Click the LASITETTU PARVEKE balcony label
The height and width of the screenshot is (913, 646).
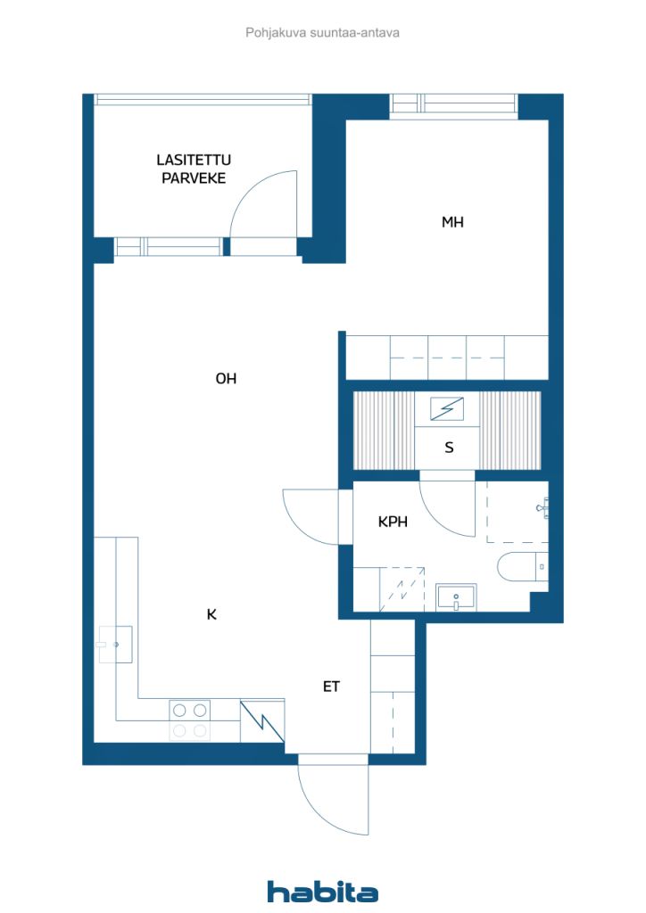coord(194,169)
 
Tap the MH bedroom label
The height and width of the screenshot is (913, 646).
coord(452,222)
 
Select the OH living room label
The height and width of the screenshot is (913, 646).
coord(226,378)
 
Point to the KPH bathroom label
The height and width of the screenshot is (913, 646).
coord(393,522)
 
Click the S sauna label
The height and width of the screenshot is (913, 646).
coord(449,448)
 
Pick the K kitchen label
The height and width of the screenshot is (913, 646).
coord(211,614)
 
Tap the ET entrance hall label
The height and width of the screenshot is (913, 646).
coord(331,687)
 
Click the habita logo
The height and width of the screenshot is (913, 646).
coord(323,891)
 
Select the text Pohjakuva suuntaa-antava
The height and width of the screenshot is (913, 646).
coord(322,32)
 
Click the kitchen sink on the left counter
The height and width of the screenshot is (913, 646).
coord(115,644)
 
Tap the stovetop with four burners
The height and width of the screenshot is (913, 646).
coord(190,720)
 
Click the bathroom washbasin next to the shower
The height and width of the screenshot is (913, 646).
coord(456,597)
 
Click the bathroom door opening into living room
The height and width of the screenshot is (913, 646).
coord(308,515)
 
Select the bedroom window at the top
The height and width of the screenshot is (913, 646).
coord(453,105)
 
